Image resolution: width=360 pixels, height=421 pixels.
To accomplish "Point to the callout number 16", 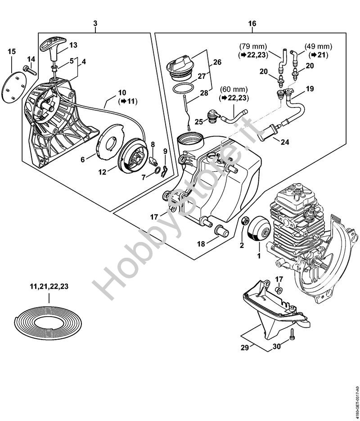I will pos(252,23).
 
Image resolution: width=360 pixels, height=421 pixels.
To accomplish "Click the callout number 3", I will pos(95,23).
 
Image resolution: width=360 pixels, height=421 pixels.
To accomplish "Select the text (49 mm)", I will pos(318,46).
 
